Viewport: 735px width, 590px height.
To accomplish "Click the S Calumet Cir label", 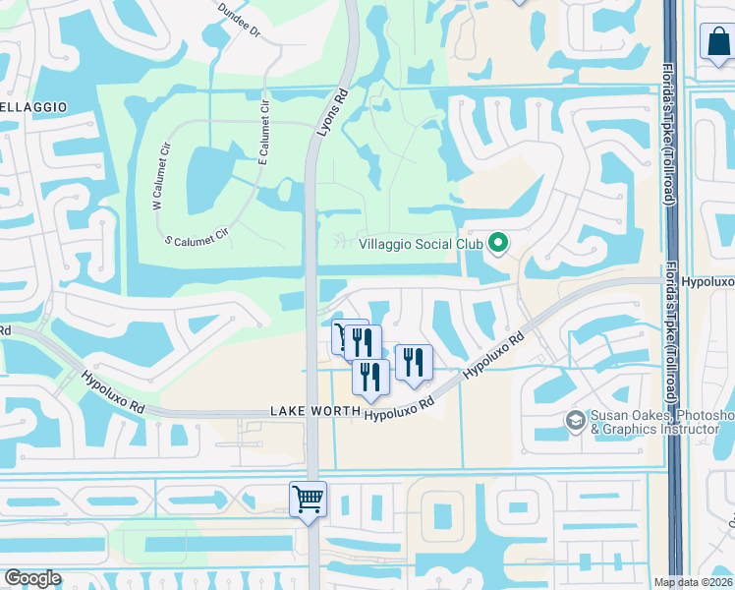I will (196, 237).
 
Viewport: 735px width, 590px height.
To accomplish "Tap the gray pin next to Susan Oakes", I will (576, 420).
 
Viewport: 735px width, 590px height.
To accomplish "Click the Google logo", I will (32, 578).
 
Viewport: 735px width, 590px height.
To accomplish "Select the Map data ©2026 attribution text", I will (694, 582).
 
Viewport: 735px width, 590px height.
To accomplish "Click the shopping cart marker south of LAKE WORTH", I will (309, 500).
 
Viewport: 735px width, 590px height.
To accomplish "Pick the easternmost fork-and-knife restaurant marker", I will (413, 362).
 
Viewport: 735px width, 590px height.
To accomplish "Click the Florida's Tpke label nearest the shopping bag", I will (669, 131).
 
